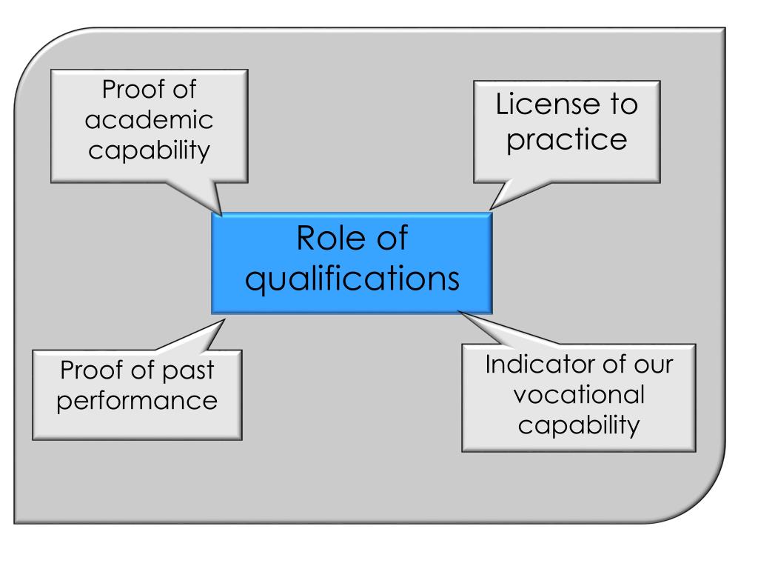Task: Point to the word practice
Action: (x=567, y=139)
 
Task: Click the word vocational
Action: (x=578, y=395)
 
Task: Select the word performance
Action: (x=138, y=401)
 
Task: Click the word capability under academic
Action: (x=149, y=149)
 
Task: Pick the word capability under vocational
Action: (x=578, y=425)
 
